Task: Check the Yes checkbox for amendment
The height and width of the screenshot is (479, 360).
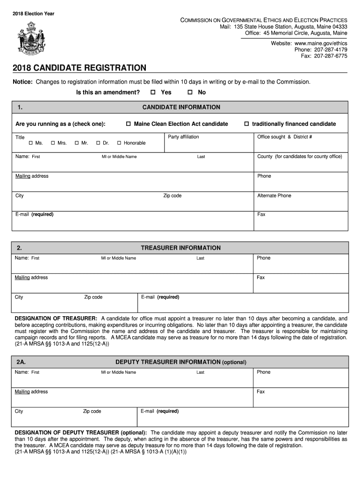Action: (153, 93)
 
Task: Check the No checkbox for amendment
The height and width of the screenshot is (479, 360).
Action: (190, 93)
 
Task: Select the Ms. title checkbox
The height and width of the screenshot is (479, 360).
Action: (31, 143)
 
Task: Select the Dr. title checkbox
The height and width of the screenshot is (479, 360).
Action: (98, 143)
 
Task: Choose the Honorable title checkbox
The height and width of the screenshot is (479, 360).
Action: (119, 143)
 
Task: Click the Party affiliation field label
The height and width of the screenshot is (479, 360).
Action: (183, 137)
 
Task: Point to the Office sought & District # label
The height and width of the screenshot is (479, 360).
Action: (284, 137)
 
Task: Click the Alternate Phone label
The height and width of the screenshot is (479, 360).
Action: (274, 196)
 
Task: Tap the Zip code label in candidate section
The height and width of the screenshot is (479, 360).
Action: (172, 196)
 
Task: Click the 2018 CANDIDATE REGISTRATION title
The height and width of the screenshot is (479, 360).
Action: (79, 68)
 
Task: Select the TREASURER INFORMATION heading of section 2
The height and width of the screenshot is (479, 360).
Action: (180, 248)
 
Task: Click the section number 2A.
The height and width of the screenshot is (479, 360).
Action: (21, 362)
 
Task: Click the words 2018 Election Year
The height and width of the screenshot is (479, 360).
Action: (33, 14)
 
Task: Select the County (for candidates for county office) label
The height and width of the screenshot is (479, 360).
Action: (300, 156)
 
